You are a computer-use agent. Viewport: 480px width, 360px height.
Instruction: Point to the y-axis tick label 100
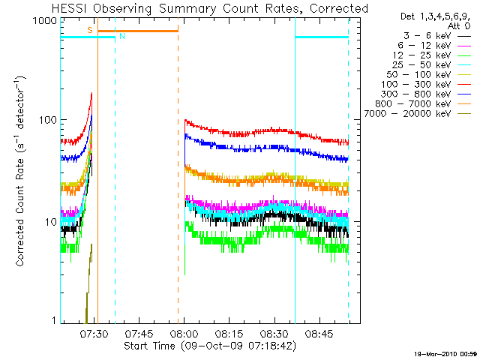47,121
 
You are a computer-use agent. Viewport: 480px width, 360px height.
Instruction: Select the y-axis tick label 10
50,222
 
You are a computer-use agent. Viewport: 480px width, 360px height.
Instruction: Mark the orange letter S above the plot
90,30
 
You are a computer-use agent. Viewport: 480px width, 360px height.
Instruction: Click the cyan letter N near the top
121,36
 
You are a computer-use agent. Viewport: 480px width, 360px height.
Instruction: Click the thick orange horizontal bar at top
138,31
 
